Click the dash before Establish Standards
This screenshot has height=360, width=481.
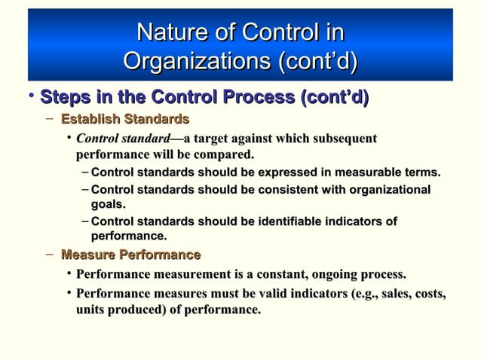click(x=49, y=119)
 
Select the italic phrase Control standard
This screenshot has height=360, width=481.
click(x=123, y=139)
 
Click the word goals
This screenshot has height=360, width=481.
click(x=108, y=204)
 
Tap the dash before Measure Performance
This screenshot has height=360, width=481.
click(x=49, y=255)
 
